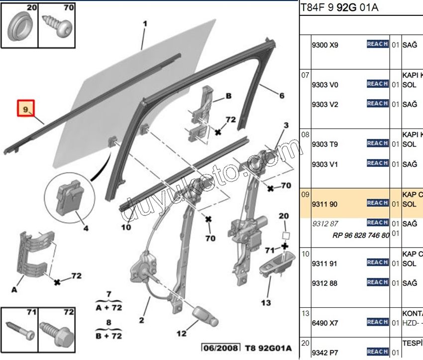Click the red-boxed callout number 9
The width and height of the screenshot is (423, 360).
pos(26,108)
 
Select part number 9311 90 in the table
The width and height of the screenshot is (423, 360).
pos(324,203)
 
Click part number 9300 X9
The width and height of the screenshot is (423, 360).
pos(324,45)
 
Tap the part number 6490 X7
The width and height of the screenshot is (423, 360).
pos(324,323)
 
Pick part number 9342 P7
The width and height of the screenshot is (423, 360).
pos(324,353)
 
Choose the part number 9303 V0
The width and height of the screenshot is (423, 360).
pos(324,85)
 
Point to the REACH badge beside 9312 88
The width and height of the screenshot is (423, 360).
pos(377,282)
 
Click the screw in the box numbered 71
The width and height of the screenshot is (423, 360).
pos(19,329)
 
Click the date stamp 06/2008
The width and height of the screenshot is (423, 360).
pos(220,348)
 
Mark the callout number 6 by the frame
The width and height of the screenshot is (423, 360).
pos(282,96)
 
